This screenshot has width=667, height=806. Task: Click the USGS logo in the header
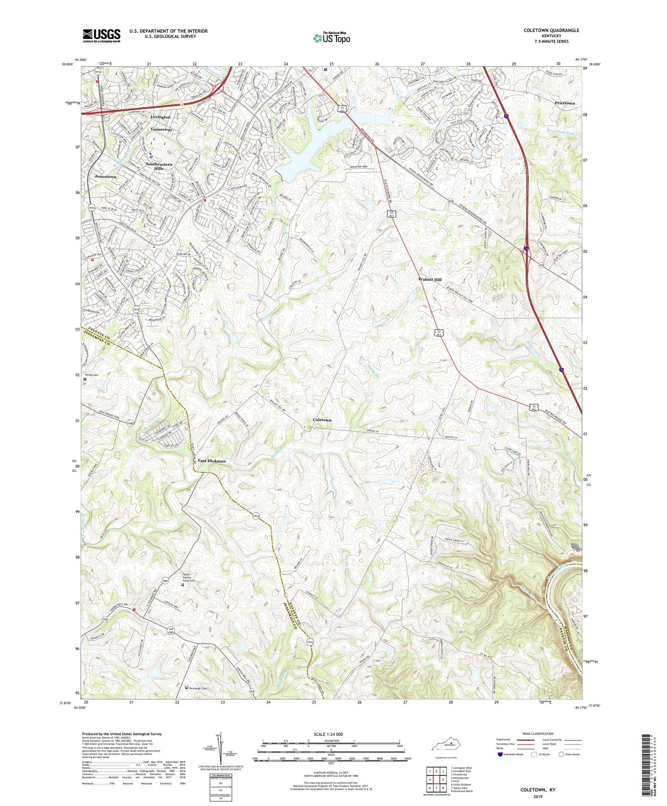pyautogui.click(x=102, y=36)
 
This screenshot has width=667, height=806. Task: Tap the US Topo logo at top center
pyautogui.click(x=332, y=37)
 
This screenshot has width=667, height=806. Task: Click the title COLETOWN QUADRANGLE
pyautogui.click(x=551, y=30)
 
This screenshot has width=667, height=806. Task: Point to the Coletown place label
pyautogui.click(x=322, y=420)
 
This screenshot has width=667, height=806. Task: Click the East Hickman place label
pyautogui.click(x=212, y=461)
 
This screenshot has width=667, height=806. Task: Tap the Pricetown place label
pyautogui.click(x=565, y=103)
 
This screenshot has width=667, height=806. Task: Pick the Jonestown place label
pyautogui.click(x=105, y=177)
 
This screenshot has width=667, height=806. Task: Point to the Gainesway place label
pyautogui.click(x=161, y=130)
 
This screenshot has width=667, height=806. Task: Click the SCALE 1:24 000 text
pyautogui.click(x=328, y=734)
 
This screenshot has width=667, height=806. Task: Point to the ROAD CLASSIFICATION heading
pyautogui.click(x=538, y=734)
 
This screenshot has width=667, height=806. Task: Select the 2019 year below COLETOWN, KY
pyautogui.click(x=538, y=796)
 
